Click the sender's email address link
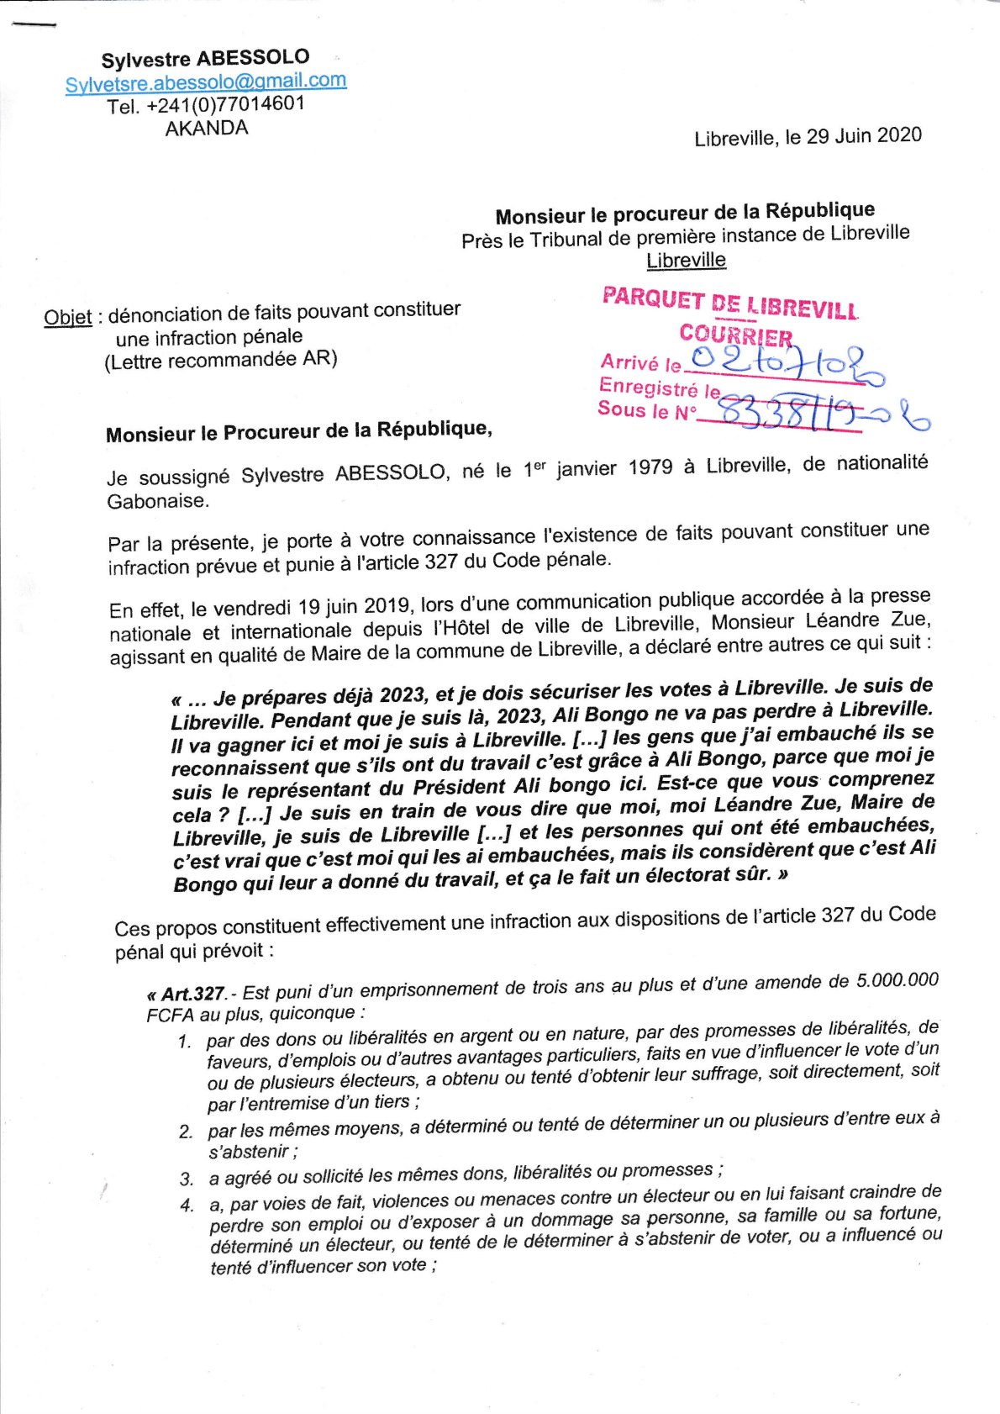point(206,82)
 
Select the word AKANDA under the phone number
point(207,129)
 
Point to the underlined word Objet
point(68,317)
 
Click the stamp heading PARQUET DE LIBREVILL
point(730,303)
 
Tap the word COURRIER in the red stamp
point(736,335)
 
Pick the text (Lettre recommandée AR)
point(221,360)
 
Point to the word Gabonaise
point(158,502)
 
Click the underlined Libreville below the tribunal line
point(686,261)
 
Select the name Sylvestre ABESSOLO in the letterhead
point(206,59)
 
